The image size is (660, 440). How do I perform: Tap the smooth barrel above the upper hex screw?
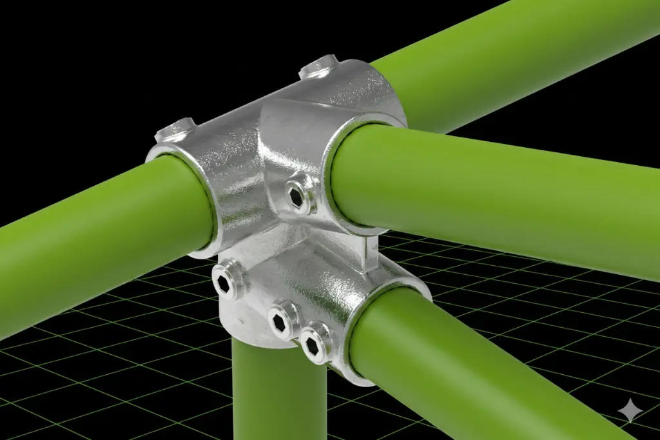pos(293,139)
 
